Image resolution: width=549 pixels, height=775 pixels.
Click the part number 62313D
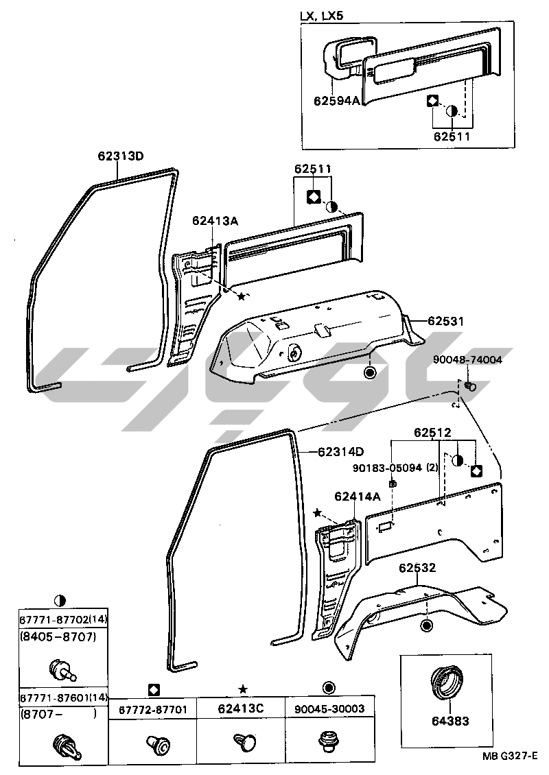[119, 156]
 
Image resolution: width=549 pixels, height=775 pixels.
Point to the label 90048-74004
[467, 359]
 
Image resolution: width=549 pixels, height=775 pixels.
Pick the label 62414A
[358, 496]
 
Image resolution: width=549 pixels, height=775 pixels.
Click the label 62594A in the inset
[337, 100]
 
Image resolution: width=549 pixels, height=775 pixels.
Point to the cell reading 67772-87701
[153, 709]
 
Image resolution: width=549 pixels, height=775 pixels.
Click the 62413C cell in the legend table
[241, 709]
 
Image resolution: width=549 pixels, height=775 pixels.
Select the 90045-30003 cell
[329, 709]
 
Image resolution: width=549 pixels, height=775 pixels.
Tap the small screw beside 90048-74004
[470, 386]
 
